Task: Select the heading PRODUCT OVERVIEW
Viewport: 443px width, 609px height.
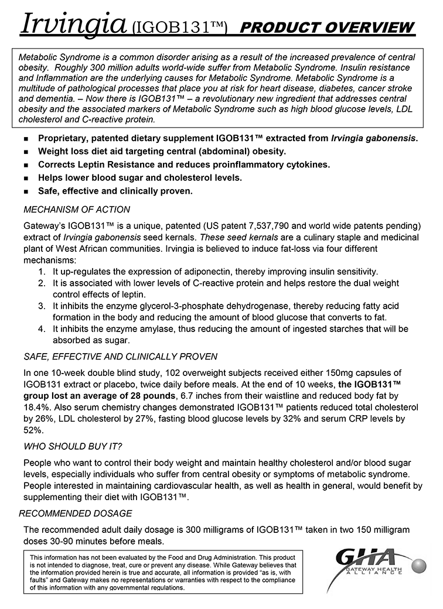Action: point(328,28)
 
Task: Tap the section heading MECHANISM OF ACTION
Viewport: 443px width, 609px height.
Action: point(77,210)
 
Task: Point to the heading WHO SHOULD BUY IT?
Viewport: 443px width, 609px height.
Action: point(73,447)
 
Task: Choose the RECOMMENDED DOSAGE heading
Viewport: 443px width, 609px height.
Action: point(76,514)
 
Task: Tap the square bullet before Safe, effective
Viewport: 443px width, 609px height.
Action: point(26,192)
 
